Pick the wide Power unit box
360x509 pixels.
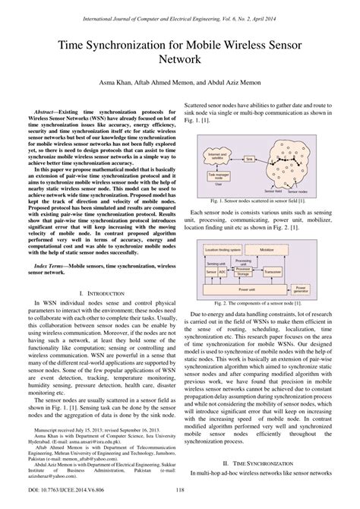click(x=258, y=267)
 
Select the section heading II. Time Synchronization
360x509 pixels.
click(x=270, y=463)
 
